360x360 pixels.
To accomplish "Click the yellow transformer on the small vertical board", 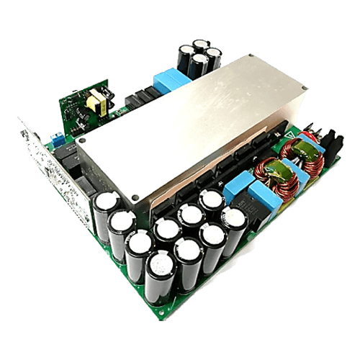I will (x=95, y=103).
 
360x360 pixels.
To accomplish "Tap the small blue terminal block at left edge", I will (x=56, y=137).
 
